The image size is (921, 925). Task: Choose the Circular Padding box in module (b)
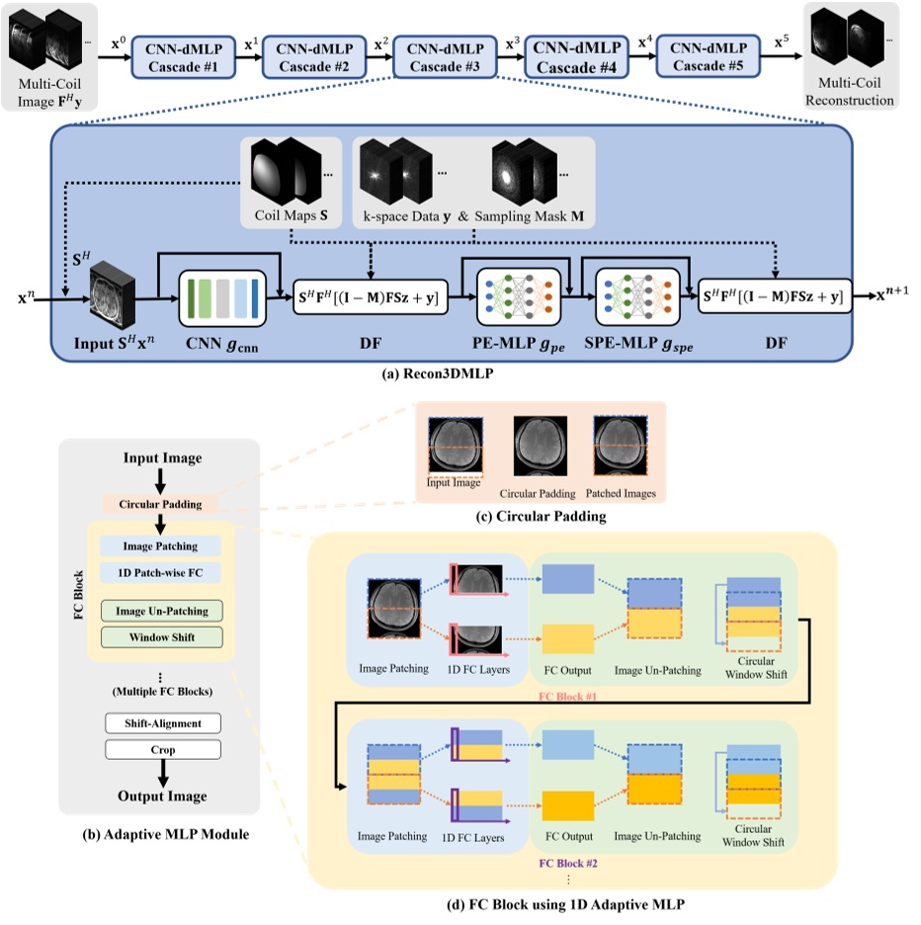[x=162, y=503]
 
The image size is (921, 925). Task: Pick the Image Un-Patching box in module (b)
[x=162, y=611]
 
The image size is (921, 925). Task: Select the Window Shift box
[x=162, y=637]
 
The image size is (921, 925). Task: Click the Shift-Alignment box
[x=162, y=723]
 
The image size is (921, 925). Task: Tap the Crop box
[x=162, y=750]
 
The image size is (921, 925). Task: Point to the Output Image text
[x=162, y=797]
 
